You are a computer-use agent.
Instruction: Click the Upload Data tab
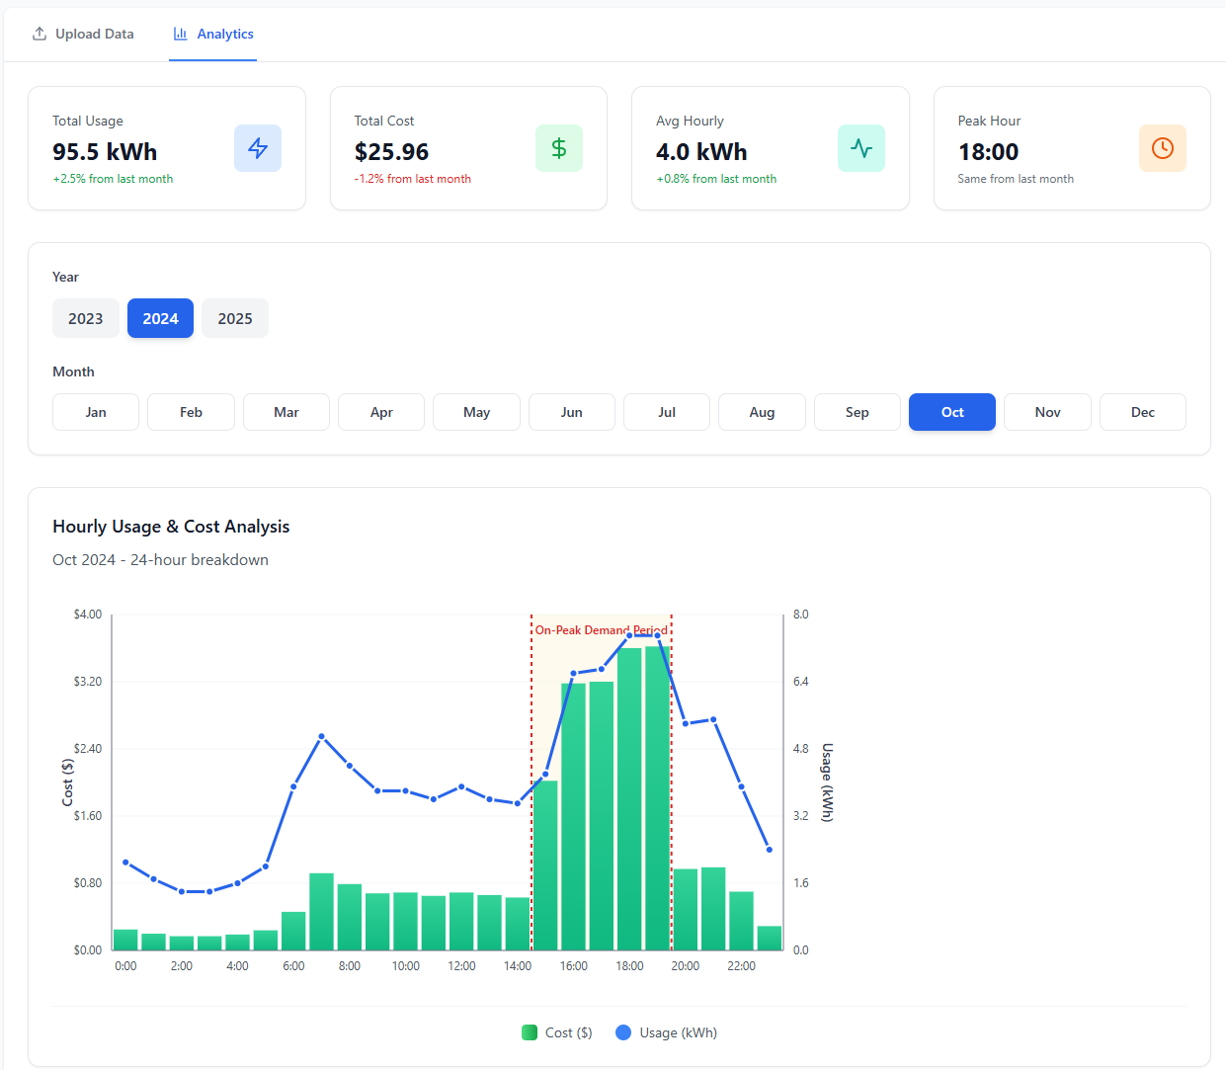pos(83,34)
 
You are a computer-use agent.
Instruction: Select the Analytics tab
pos(213,34)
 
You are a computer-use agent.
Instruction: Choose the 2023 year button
pos(86,318)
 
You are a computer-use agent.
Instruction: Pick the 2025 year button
pos(235,318)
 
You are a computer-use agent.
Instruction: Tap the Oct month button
pos(952,412)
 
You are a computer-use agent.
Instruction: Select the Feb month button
pos(191,412)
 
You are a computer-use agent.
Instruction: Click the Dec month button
pos(1143,412)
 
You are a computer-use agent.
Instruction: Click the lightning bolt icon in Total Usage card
pos(258,148)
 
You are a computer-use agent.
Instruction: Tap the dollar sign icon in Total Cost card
pos(559,148)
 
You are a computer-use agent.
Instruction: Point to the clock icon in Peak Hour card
pos(1163,148)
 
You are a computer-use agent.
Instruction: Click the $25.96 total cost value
pos(392,152)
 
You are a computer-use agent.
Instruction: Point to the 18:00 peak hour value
pos(988,152)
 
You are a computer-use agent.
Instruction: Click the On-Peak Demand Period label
pos(601,629)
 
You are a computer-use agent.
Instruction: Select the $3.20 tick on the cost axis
pos(88,682)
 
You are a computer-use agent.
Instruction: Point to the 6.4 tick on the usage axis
pos(800,682)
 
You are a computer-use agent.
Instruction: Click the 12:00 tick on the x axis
pos(461,966)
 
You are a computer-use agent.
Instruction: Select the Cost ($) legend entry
pos(558,1032)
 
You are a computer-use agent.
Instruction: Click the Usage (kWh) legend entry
pos(667,1032)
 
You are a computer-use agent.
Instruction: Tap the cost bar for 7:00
pos(321,911)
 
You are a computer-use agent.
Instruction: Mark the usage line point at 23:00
pos(770,850)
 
